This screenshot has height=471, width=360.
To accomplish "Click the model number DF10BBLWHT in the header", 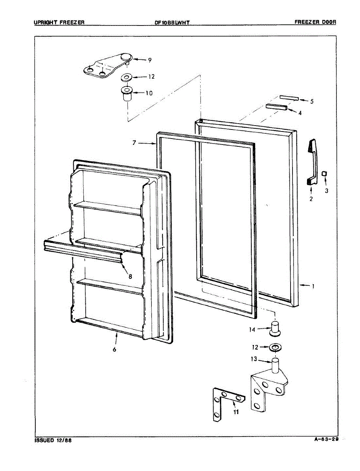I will pyautogui.click(x=172, y=23).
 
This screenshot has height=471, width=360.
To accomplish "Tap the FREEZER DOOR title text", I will pyautogui.click(x=315, y=22).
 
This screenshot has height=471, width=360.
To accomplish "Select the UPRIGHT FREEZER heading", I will pyautogui.click(x=59, y=22).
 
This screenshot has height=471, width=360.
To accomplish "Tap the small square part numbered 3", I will pyautogui.click(x=324, y=173).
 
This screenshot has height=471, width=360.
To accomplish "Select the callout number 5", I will pyautogui.click(x=312, y=102).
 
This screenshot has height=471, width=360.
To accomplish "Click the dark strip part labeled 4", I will pyautogui.click(x=276, y=107).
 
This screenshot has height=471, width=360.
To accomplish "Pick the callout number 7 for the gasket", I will pyautogui.click(x=134, y=143).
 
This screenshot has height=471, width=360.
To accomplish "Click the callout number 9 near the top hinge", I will pyautogui.click(x=150, y=60).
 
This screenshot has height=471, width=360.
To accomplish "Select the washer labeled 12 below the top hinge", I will pyautogui.click(x=127, y=77).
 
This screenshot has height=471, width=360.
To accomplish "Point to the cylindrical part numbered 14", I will pyautogui.click(x=275, y=328).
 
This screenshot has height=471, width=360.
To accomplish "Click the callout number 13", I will pyautogui.click(x=254, y=359).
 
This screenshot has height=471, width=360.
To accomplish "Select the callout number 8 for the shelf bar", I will pyautogui.click(x=130, y=276).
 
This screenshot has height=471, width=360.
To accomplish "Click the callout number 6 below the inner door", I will pyautogui.click(x=114, y=349).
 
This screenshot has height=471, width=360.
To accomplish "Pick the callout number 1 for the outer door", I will pyautogui.click(x=313, y=286).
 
